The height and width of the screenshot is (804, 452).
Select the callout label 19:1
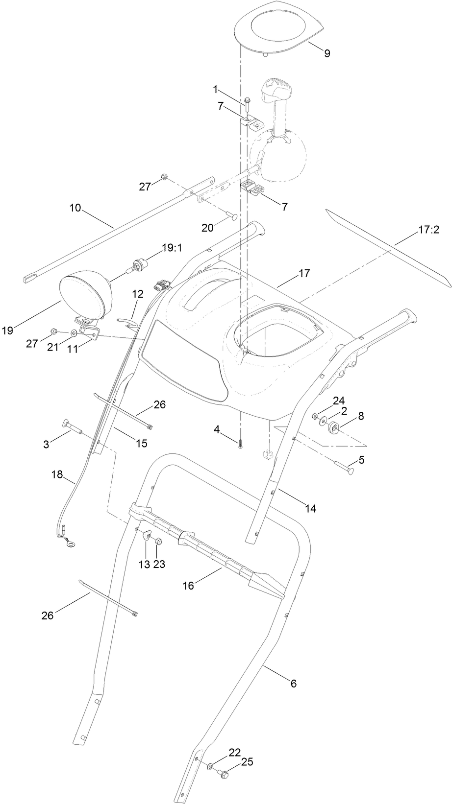(x=172, y=248)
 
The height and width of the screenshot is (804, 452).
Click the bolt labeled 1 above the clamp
(x=247, y=103)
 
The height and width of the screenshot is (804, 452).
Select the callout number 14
(x=310, y=508)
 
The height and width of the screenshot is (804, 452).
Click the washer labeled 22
(x=210, y=766)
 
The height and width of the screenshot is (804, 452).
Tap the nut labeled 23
(x=159, y=542)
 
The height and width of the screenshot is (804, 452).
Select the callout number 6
(x=294, y=684)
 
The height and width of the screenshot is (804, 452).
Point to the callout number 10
(x=75, y=208)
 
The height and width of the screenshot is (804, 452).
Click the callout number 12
(x=138, y=294)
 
